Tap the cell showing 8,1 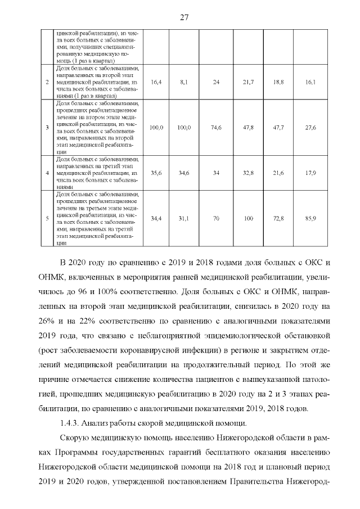(183, 82)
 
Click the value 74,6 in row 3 (215, 128)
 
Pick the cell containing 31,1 (183, 218)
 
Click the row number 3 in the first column (47, 128)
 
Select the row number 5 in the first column (47, 218)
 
